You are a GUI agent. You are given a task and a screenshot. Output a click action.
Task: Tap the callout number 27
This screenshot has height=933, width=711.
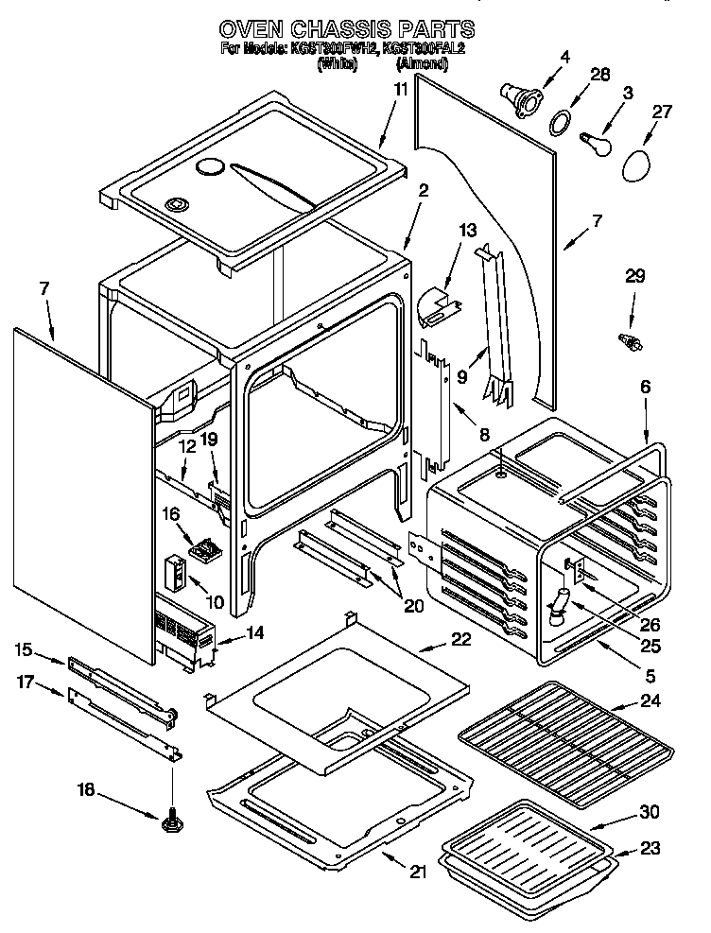[661, 112]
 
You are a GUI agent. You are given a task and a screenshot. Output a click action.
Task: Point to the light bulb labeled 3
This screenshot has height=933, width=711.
[594, 140]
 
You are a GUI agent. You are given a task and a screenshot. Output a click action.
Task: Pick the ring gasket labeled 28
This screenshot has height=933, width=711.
[560, 121]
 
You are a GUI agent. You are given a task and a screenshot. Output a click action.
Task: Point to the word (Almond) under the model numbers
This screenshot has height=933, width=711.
[421, 64]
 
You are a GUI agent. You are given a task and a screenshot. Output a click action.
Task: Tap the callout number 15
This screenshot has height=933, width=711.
[24, 649]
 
